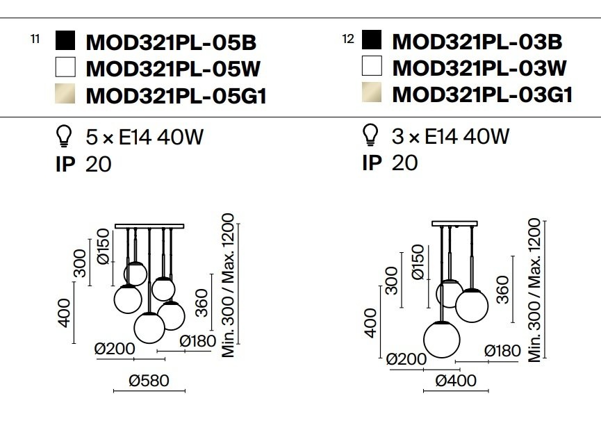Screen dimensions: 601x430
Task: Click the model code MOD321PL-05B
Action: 171,42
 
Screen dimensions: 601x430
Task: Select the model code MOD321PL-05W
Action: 173,69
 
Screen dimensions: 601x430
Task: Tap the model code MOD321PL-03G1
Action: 483,94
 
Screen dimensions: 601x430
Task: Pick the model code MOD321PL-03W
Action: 479,68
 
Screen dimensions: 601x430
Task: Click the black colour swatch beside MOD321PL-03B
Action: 372,40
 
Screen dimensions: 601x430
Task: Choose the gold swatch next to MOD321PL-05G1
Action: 65,94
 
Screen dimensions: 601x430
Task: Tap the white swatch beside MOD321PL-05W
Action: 65,67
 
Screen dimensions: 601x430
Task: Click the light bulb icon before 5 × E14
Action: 64,136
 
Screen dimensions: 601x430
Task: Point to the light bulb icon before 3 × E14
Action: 370,135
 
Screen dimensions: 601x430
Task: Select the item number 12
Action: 348,39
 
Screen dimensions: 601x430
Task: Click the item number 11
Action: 35,39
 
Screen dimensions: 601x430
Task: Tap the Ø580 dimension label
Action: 149,381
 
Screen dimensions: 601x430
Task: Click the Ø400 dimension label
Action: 456,381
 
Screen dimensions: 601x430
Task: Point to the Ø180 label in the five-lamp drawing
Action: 198,341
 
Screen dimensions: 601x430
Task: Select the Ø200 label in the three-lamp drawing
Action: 406,359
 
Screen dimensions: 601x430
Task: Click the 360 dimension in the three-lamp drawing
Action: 502,290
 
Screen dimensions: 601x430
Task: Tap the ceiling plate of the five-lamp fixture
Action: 149,226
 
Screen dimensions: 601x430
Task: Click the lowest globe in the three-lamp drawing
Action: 442,340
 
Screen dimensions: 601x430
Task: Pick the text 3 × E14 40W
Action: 451,136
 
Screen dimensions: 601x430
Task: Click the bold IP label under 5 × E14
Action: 65,165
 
